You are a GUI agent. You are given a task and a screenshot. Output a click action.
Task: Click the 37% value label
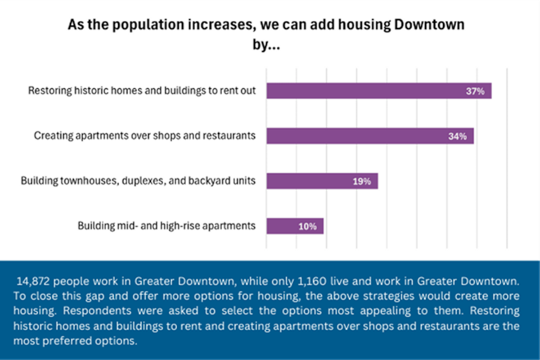(475, 91)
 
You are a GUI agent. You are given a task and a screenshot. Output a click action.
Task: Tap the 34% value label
(457, 136)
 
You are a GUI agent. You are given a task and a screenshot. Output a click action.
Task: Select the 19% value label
(361, 181)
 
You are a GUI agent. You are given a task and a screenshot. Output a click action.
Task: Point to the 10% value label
(307, 226)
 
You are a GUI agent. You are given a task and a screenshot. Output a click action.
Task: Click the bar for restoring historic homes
(369, 91)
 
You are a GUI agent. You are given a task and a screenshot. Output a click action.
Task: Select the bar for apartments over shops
(360, 136)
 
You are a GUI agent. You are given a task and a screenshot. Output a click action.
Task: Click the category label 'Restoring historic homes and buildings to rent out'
(142, 91)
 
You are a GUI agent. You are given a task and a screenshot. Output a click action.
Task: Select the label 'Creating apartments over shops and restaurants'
(145, 135)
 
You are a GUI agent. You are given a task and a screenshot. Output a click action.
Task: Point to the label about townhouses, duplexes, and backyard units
(138, 181)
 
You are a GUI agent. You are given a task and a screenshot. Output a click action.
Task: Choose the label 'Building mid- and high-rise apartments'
(166, 225)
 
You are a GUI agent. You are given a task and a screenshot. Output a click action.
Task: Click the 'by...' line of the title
(265, 45)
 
